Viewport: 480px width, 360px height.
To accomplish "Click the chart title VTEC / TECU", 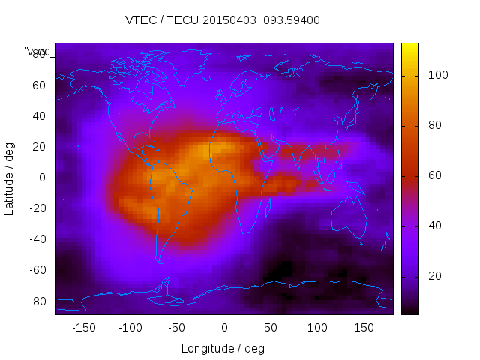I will point(223,20).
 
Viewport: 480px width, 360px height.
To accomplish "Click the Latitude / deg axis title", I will point(10,177).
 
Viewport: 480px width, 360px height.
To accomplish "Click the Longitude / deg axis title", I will point(223,348).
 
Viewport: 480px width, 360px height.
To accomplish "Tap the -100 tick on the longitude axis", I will point(130,328).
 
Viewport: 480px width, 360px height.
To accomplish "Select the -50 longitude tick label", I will point(177,328).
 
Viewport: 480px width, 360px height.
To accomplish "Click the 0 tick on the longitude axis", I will point(223,328).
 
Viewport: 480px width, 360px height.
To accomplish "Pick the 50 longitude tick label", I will point(271,328).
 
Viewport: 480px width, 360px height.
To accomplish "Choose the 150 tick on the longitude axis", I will point(364,328).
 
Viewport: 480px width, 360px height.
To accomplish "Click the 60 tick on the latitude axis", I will point(38,85).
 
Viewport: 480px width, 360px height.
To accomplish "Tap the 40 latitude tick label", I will point(38,115).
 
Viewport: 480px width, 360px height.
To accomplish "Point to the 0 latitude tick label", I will point(43,178).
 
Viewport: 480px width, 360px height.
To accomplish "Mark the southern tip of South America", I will point(160,262).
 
